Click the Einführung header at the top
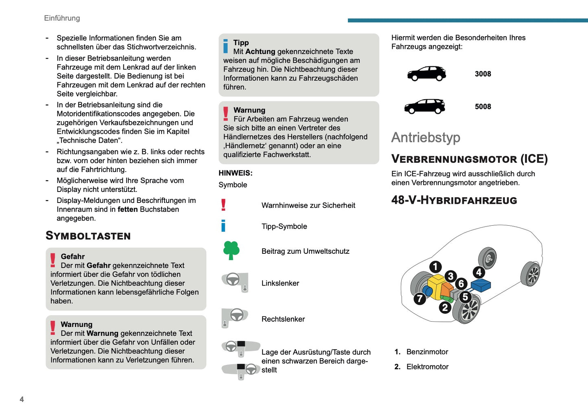tap(62, 18)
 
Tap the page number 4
tap(22, 399)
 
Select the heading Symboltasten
tap(88, 236)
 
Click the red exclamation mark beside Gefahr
tap(53, 260)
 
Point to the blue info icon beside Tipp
tap(225, 46)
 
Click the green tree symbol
tap(231, 250)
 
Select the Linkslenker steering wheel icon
tap(235, 281)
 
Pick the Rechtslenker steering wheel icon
tap(235, 317)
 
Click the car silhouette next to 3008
tap(426, 74)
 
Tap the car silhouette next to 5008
tap(424, 107)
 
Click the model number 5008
tap(483, 107)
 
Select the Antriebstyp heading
tap(426, 137)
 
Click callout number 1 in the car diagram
tap(435, 267)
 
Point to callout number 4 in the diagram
tap(479, 272)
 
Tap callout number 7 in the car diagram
tap(420, 299)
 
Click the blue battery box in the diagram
tap(481, 285)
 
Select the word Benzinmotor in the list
tap(427, 352)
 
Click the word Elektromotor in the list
tap(427, 367)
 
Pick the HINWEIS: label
tap(236, 173)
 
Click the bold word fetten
tap(127, 209)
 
